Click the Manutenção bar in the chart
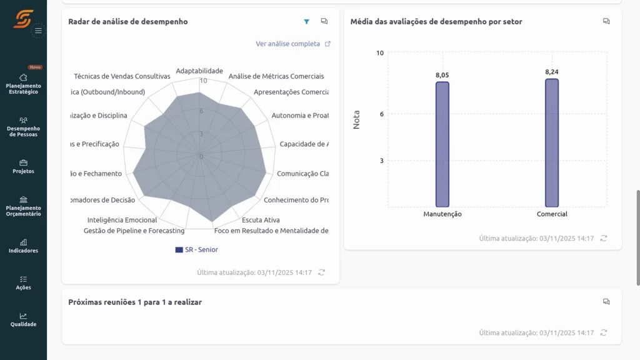(442, 144)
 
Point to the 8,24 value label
(552, 72)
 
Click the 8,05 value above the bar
(442, 75)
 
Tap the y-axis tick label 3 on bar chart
(381, 161)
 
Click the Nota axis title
(357, 119)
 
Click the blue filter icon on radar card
(306, 22)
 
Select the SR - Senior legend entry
(197, 249)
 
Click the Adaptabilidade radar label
(199, 71)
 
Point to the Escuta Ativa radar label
(261, 220)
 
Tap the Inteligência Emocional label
(122, 220)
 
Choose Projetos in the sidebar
(23, 166)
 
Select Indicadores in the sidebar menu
(23, 246)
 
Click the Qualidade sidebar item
(23, 319)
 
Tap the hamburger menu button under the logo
(38, 30)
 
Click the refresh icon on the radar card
(321, 272)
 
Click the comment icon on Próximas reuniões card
(606, 302)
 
